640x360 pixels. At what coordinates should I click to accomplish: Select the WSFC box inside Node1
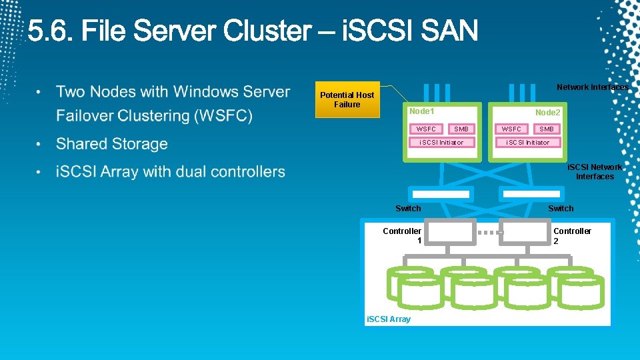[x=425, y=129]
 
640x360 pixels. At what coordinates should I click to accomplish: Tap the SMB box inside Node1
[x=461, y=129]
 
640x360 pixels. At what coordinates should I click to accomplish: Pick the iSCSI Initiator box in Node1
[x=441, y=142]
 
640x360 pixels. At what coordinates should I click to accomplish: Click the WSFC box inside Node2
[x=511, y=129]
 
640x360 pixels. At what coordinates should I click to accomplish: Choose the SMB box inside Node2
[x=546, y=129]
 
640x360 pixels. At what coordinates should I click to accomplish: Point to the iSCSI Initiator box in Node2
[x=527, y=142]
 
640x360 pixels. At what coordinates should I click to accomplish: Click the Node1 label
[x=421, y=111]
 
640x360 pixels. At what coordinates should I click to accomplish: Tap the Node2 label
[x=547, y=113]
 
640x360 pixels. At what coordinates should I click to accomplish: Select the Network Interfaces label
[x=592, y=87]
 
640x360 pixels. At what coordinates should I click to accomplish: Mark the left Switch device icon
[x=441, y=194]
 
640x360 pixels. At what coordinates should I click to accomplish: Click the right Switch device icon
[x=533, y=194]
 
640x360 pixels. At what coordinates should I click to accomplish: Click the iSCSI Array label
[x=389, y=319]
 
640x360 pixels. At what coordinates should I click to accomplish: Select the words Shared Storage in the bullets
[x=111, y=144]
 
